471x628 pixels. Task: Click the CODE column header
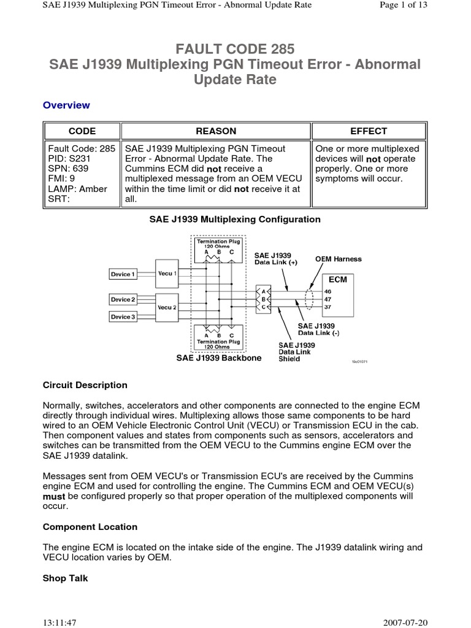[82, 131]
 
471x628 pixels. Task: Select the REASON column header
[215, 131]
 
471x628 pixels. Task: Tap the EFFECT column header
[369, 131]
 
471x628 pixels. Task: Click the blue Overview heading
[66, 105]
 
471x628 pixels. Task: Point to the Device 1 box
[123, 274]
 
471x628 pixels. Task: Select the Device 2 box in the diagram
[123, 299]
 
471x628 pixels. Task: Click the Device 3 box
[123, 316]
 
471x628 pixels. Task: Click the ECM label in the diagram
[338, 279]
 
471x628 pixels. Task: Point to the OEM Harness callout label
[339, 259]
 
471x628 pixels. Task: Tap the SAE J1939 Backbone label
[218, 358]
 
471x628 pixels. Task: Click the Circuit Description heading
[85, 385]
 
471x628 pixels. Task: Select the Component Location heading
[90, 527]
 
